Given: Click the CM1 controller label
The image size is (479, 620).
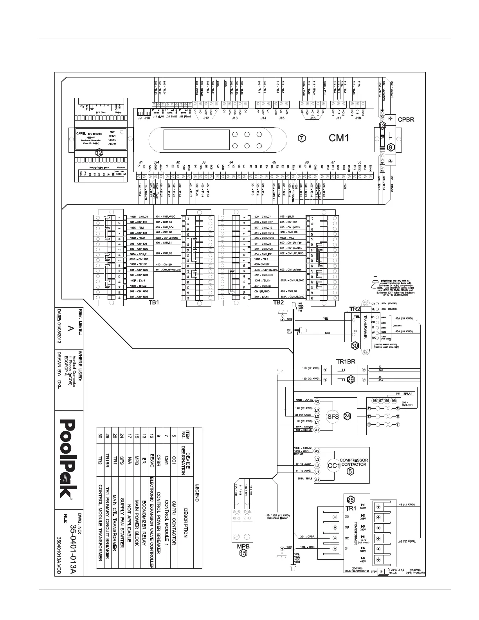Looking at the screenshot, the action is (338, 138).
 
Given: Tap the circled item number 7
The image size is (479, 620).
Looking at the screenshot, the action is (301, 138).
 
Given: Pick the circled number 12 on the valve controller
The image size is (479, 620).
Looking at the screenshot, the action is (99, 152).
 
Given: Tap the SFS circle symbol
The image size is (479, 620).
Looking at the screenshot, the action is (333, 416).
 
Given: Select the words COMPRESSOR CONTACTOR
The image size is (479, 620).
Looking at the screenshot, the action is (353, 462).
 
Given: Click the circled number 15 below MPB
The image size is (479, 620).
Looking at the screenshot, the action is (243, 553).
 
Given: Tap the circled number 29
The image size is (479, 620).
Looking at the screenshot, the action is (351, 379).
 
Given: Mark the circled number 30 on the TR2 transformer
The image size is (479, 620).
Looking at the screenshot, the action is (355, 346).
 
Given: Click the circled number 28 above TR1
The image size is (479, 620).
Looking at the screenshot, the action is (351, 500).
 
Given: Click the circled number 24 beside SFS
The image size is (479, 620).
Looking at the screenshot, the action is (347, 416).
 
